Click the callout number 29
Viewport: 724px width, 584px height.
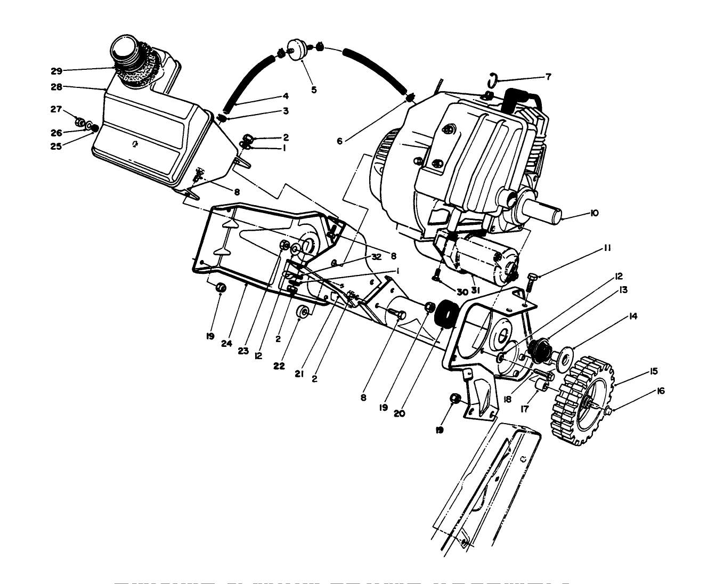56,70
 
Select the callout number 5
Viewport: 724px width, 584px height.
314,90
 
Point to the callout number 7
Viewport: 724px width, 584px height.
548,77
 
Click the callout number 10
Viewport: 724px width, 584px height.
594,213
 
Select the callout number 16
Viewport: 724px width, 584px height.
661,391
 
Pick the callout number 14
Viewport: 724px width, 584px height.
633,316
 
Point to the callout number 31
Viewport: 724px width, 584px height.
475,290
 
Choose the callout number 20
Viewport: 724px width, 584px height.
400,413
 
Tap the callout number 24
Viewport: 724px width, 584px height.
226,344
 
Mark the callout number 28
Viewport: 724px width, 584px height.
56,86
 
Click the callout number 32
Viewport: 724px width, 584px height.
377,256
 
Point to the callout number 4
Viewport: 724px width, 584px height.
286,96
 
